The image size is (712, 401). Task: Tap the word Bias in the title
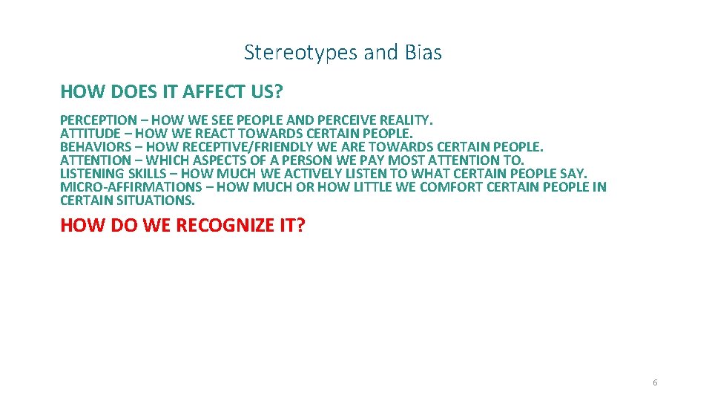click(423, 53)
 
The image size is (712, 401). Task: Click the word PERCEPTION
click(98, 120)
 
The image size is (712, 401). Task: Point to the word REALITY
click(406, 120)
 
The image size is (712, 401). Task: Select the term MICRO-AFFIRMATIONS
click(131, 186)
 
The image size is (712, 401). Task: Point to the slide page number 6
click(655, 382)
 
